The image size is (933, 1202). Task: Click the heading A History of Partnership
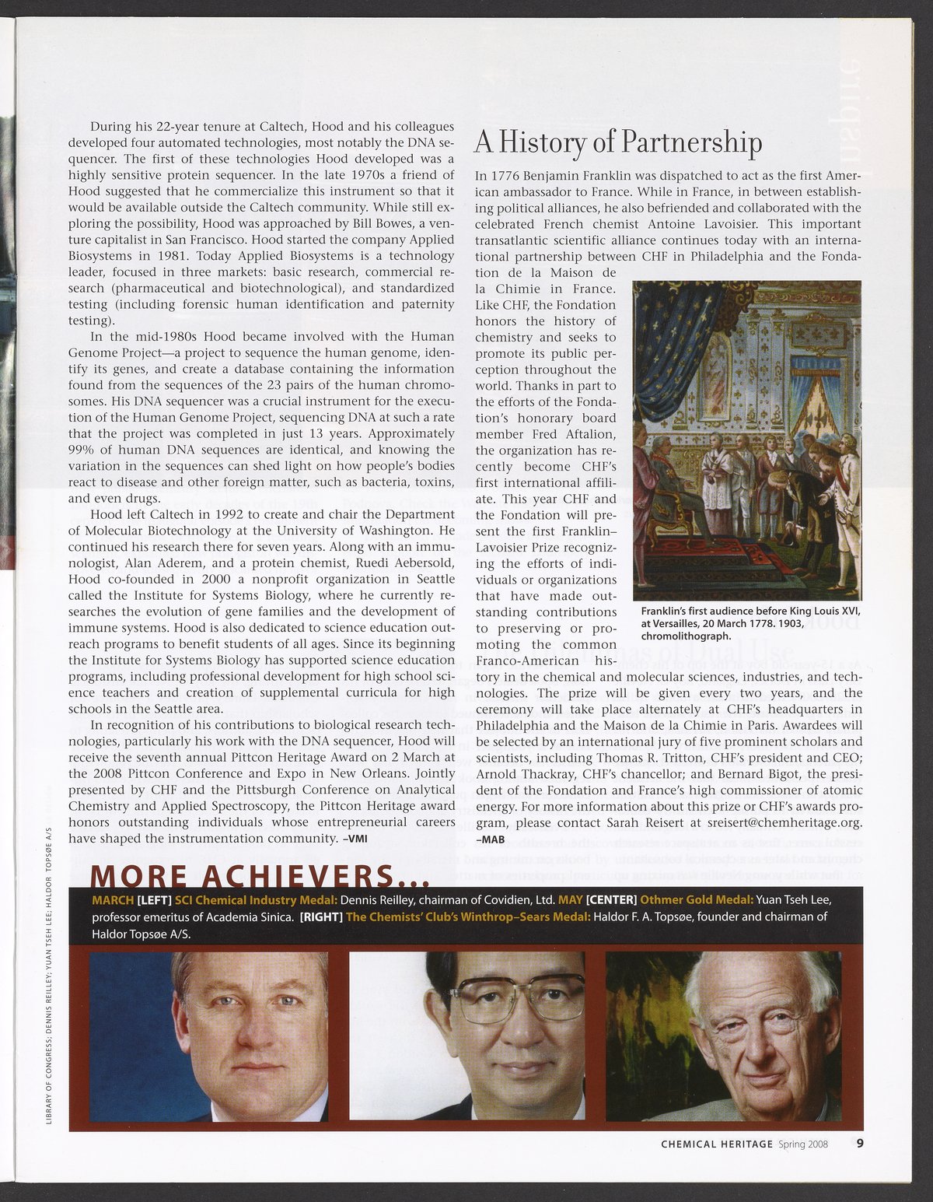point(618,143)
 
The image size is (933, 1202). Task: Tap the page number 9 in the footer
point(860,1144)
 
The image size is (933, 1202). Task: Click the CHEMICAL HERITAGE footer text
point(717,1144)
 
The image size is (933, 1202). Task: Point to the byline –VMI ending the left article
point(355,839)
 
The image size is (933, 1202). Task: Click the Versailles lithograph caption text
point(750,622)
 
